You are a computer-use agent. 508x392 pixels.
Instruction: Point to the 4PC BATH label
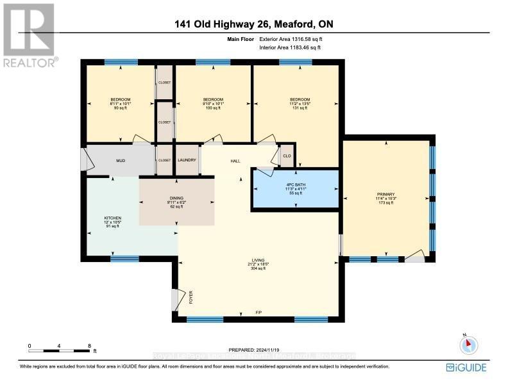pos(295,186)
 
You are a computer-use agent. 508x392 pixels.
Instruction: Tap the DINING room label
pos(176,199)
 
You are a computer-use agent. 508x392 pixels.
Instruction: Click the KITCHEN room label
pos(113,218)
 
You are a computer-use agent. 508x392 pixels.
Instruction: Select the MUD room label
pos(120,161)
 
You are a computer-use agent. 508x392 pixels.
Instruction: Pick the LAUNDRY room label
pos(187,160)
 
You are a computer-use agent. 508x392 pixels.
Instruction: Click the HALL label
pos(235,161)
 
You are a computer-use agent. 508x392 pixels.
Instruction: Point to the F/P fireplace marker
pos(258,313)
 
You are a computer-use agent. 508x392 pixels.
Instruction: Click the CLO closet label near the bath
pos(287,156)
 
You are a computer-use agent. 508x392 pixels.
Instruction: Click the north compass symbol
pos(469,345)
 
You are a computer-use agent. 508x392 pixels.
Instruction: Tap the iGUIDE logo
pos(466,367)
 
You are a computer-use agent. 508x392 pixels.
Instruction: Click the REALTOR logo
pos(29,35)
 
